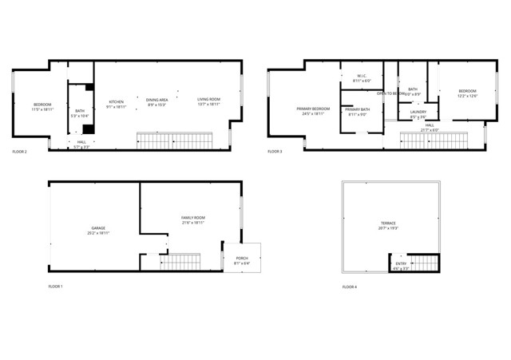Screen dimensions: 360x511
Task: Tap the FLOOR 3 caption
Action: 275,151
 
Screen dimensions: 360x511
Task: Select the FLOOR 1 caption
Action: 55,286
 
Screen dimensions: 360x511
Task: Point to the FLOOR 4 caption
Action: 350,286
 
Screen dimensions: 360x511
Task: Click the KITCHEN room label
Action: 117,102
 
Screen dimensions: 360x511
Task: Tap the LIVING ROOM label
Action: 209,100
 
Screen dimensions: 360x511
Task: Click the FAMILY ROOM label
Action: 193,218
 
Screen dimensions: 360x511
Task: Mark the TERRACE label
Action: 388,223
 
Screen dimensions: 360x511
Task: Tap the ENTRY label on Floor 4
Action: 401,264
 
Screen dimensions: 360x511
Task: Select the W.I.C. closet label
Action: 362,77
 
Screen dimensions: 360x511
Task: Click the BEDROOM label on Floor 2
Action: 42,105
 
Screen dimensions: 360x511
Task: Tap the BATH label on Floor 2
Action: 80,111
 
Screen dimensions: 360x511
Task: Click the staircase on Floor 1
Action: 181,260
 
